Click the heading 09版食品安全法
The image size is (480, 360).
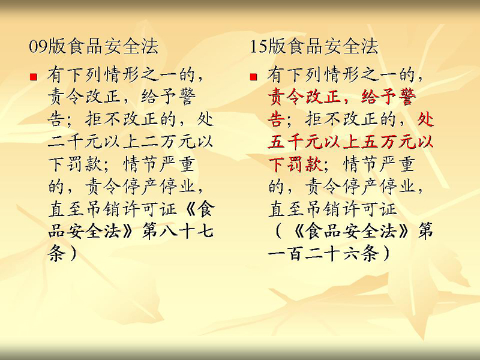tap(94, 47)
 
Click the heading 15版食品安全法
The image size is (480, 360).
tap(314, 47)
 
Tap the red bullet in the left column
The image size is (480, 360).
tap(34, 76)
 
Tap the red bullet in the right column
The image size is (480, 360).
tap(253, 76)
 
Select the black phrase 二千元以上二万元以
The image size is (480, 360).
tap(130, 142)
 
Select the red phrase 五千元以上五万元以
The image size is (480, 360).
tap(351, 142)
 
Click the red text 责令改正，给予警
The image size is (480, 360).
tap(342, 97)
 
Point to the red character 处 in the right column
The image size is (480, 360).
tap(426, 119)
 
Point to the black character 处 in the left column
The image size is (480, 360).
tap(205, 119)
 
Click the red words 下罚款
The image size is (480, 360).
tap(295, 164)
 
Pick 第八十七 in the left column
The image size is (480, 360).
tap(178, 231)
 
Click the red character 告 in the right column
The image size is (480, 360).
tap(277, 119)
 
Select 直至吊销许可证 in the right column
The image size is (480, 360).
tap(332, 209)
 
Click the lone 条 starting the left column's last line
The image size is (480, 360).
tap(56, 253)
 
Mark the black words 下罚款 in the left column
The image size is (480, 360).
tap(75, 164)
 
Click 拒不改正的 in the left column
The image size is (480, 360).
tap(130, 119)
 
